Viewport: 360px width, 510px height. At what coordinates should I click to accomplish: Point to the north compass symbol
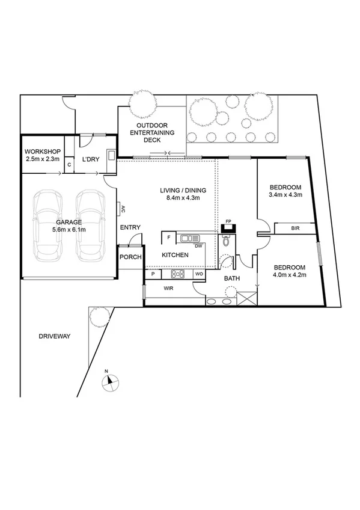[111, 380]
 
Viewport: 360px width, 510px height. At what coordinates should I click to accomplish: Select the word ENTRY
[130, 227]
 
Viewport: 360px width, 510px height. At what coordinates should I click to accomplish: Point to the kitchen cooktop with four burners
[178, 274]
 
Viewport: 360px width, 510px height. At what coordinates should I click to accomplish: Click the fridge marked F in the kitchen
[169, 238]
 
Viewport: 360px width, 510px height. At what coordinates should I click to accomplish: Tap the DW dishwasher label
[198, 246]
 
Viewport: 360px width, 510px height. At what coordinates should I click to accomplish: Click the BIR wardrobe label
[295, 229]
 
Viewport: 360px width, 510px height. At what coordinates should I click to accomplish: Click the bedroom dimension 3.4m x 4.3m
[285, 195]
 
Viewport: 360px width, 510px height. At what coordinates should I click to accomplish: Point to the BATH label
[233, 278]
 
